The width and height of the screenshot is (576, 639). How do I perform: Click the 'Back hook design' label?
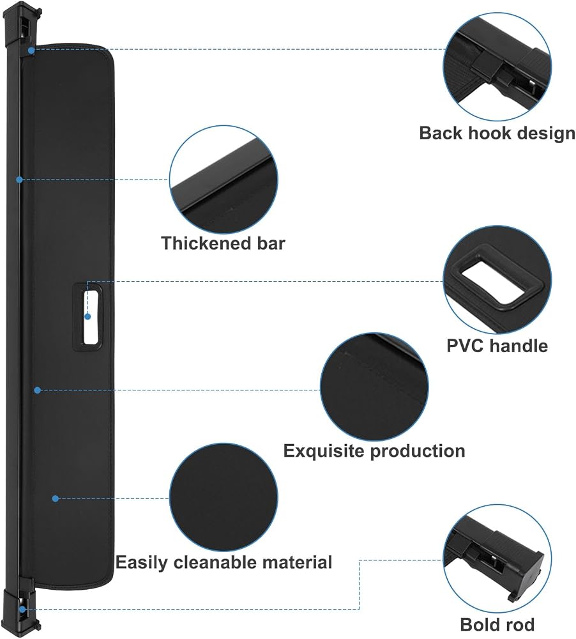497,134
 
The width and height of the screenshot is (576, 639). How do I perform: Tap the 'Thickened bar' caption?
224,243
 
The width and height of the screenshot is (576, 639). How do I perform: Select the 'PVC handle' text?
497,346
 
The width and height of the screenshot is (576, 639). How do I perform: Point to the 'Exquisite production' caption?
374,451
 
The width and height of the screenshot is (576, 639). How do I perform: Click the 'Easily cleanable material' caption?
224,562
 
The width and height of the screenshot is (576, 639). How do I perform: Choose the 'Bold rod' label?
497,624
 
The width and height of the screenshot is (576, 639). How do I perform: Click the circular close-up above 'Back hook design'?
497,66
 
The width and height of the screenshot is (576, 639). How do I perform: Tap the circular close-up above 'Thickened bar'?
224,180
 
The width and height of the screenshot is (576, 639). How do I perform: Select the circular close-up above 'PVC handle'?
497,280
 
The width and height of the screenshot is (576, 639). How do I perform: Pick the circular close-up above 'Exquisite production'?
374,387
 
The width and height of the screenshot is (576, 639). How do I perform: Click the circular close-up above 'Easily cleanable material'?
224,498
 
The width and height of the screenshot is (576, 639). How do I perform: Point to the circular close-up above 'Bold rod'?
497,558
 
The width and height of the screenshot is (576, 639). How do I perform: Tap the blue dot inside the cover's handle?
87,316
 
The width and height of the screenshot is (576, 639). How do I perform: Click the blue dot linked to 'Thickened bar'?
19,180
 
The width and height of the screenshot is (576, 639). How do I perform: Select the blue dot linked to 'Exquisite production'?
37,390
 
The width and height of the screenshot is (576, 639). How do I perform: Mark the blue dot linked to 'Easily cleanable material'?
56,498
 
